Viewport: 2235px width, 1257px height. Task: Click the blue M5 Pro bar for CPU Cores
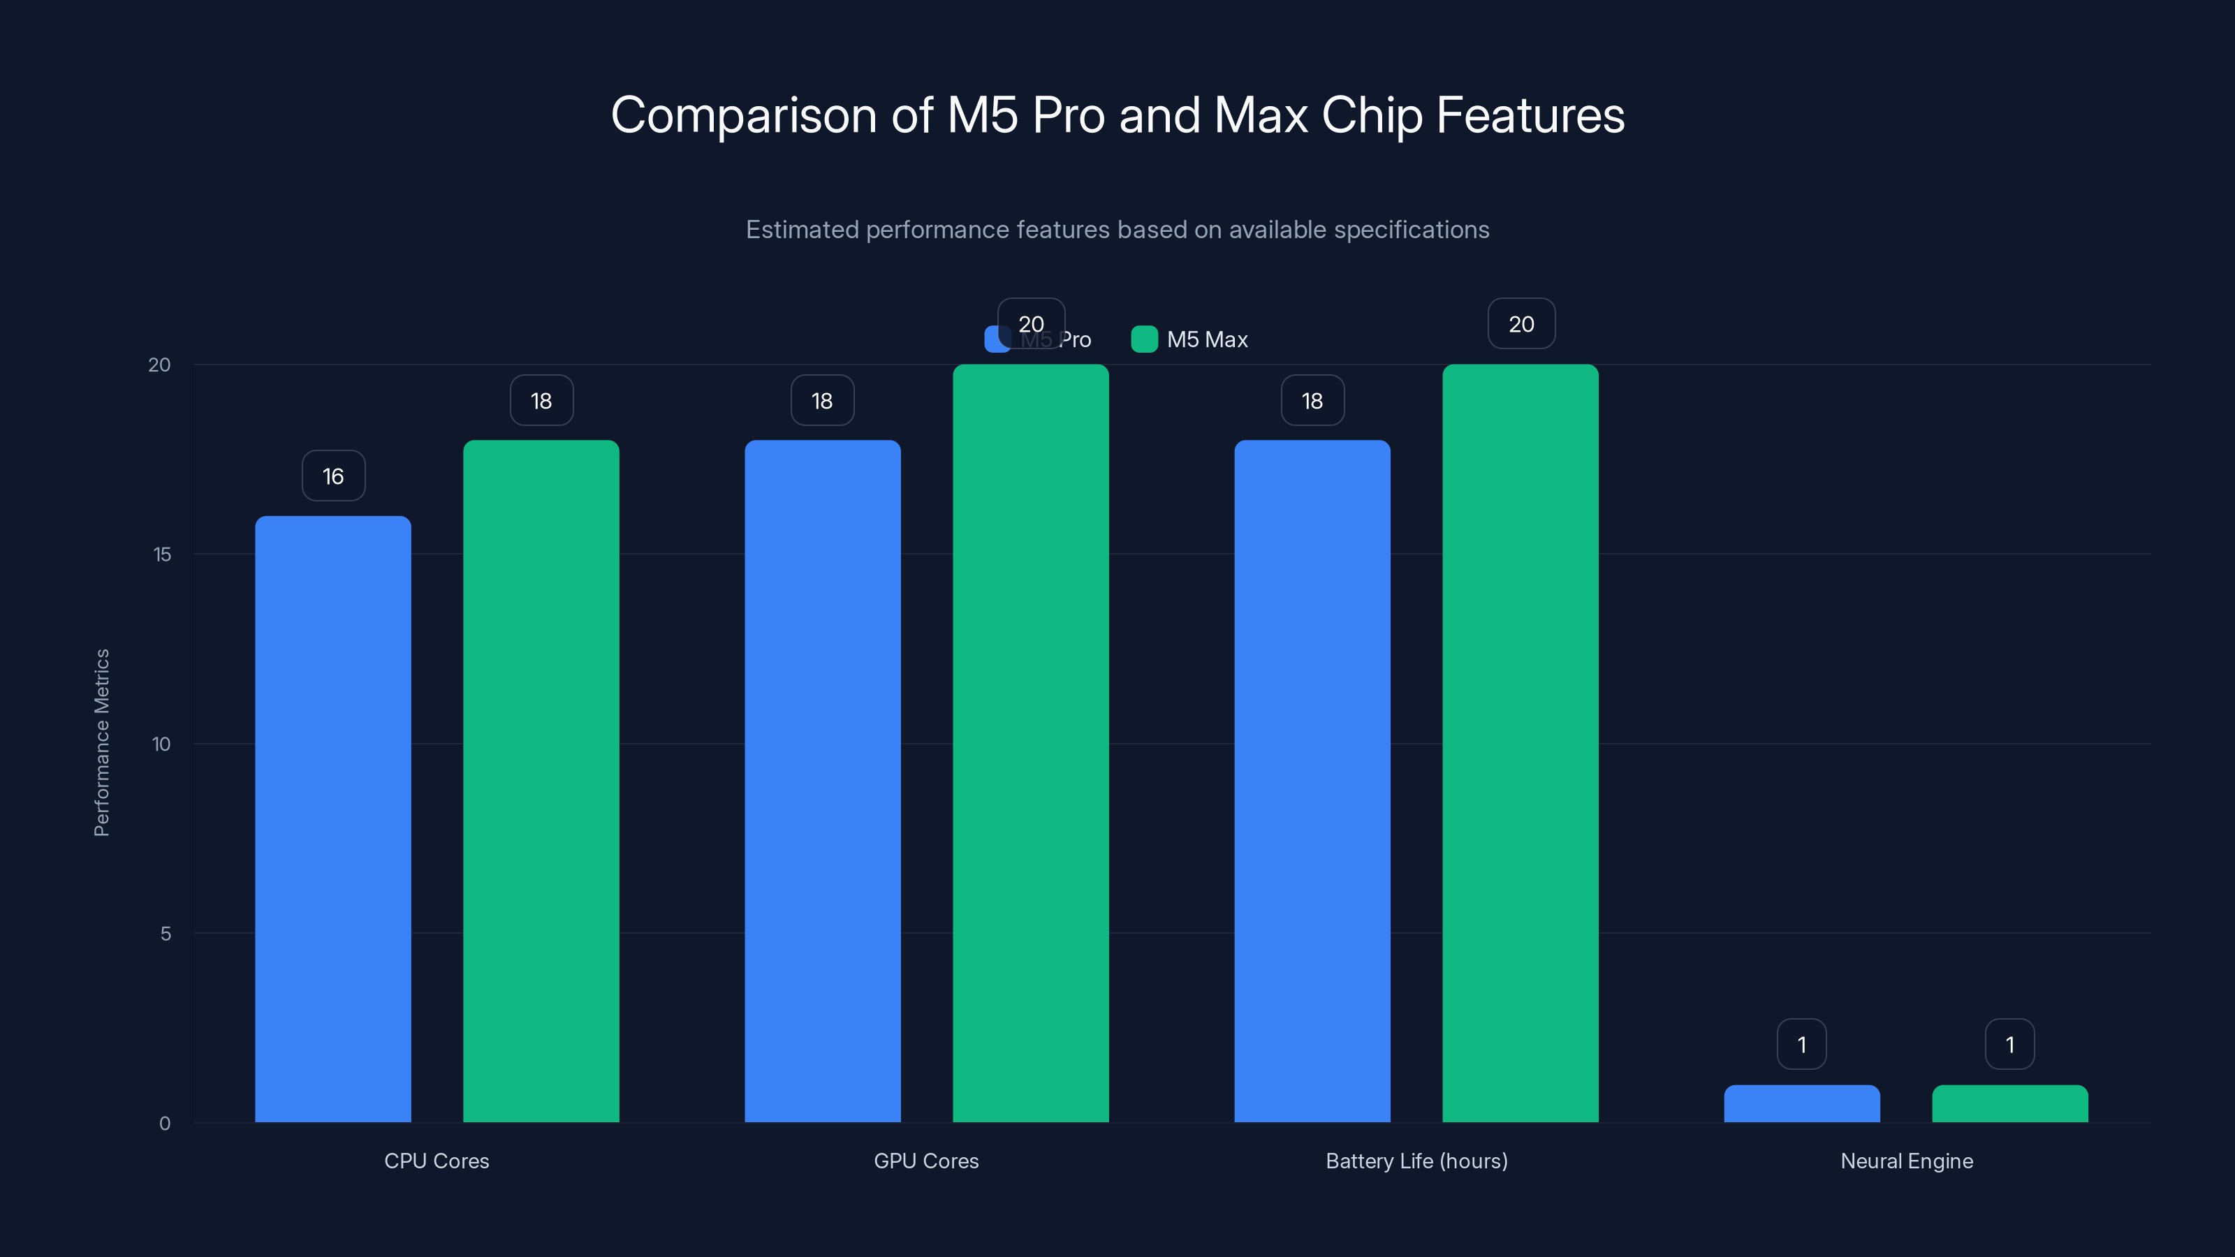332,819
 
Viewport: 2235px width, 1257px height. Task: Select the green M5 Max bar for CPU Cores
541,781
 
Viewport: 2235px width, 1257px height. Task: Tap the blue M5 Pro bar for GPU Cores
823,781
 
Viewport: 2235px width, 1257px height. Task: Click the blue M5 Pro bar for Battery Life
1312,781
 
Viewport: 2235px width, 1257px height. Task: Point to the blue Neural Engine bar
1801,1103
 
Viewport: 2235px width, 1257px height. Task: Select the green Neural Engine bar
2009,1103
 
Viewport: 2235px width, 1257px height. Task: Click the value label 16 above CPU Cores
333,476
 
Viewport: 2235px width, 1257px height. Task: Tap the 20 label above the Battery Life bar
1521,325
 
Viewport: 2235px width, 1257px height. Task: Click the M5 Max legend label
1207,340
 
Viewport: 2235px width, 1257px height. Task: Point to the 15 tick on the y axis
162,554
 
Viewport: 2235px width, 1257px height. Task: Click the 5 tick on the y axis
165,934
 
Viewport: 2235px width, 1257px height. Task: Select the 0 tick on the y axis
165,1124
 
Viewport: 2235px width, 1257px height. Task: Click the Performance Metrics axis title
101,742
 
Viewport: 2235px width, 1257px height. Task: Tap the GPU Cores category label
925,1161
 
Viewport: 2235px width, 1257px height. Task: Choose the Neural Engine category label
1906,1161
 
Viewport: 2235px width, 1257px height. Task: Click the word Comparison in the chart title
744,115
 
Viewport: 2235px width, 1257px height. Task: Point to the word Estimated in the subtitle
802,230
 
